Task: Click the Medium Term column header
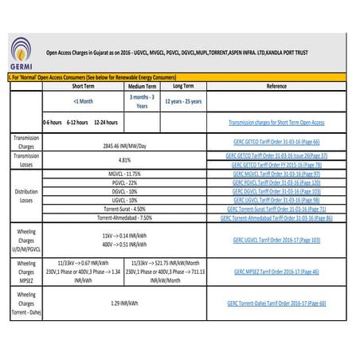141,85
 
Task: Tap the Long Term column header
183,85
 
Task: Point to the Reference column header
277,85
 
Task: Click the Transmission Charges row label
24,142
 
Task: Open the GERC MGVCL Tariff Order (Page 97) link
277,173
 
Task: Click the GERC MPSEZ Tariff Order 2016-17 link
277,272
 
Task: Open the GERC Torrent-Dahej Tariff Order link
277,303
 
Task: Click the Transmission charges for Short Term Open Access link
277,123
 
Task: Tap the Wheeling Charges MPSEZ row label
24,272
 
